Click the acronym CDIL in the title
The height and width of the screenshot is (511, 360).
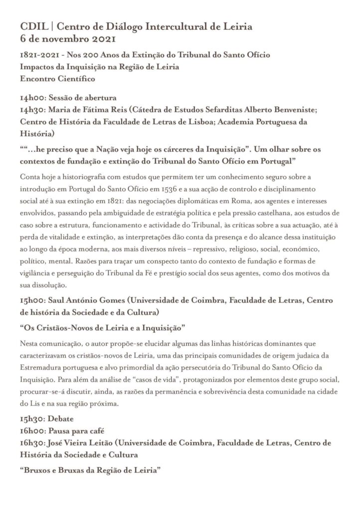click(31, 27)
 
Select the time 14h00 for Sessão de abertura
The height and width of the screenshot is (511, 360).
click(31, 98)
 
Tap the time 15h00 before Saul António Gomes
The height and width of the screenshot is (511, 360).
click(31, 301)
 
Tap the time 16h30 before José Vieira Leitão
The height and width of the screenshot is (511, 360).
click(31, 443)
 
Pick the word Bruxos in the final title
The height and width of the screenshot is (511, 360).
click(36, 470)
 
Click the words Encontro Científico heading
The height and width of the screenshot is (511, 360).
click(57, 78)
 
